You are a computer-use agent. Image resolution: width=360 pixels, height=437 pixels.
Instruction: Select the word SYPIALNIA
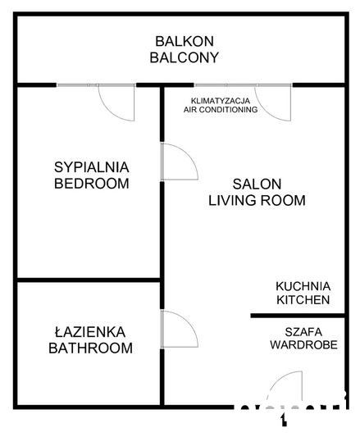tap(91, 166)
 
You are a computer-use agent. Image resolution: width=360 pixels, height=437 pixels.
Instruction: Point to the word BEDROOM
tap(91, 183)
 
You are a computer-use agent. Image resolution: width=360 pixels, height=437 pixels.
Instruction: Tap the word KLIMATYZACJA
tap(221, 98)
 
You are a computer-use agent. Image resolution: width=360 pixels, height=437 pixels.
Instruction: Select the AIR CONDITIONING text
tap(221, 109)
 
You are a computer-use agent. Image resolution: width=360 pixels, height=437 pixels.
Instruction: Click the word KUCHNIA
tap(303, 286)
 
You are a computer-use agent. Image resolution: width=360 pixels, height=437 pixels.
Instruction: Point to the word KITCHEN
tap(303, 300)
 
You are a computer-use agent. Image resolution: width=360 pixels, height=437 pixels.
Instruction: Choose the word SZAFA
tap(303, 331)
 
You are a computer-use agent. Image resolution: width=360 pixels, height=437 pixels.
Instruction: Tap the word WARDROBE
tap(303, 344)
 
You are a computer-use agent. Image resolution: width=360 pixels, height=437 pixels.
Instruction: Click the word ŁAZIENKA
tap(90, 332)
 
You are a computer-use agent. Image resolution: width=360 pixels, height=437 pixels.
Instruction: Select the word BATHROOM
tap(90, 348)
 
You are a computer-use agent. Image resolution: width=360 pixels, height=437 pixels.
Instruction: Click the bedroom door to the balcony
tap(116, 101)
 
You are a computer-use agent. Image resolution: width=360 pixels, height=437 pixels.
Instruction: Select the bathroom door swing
tap(178, 330)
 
